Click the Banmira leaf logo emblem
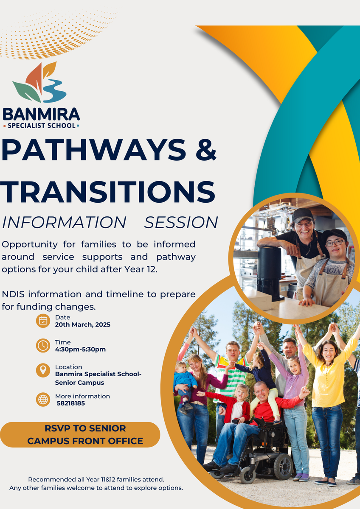(39, 82)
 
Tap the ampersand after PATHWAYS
(206, 150)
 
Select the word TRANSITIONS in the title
(107, 192)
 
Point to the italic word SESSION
(181, 222)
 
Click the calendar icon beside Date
(43, 321)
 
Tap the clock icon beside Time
(43, 345)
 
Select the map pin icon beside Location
(43, 370)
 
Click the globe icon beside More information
(43, 400)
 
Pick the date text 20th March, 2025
(82, 324)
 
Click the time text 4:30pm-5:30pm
(80, 349)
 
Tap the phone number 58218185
(71, 403)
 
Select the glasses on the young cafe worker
(335, 243)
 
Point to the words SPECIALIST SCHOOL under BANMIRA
(41, 126)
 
